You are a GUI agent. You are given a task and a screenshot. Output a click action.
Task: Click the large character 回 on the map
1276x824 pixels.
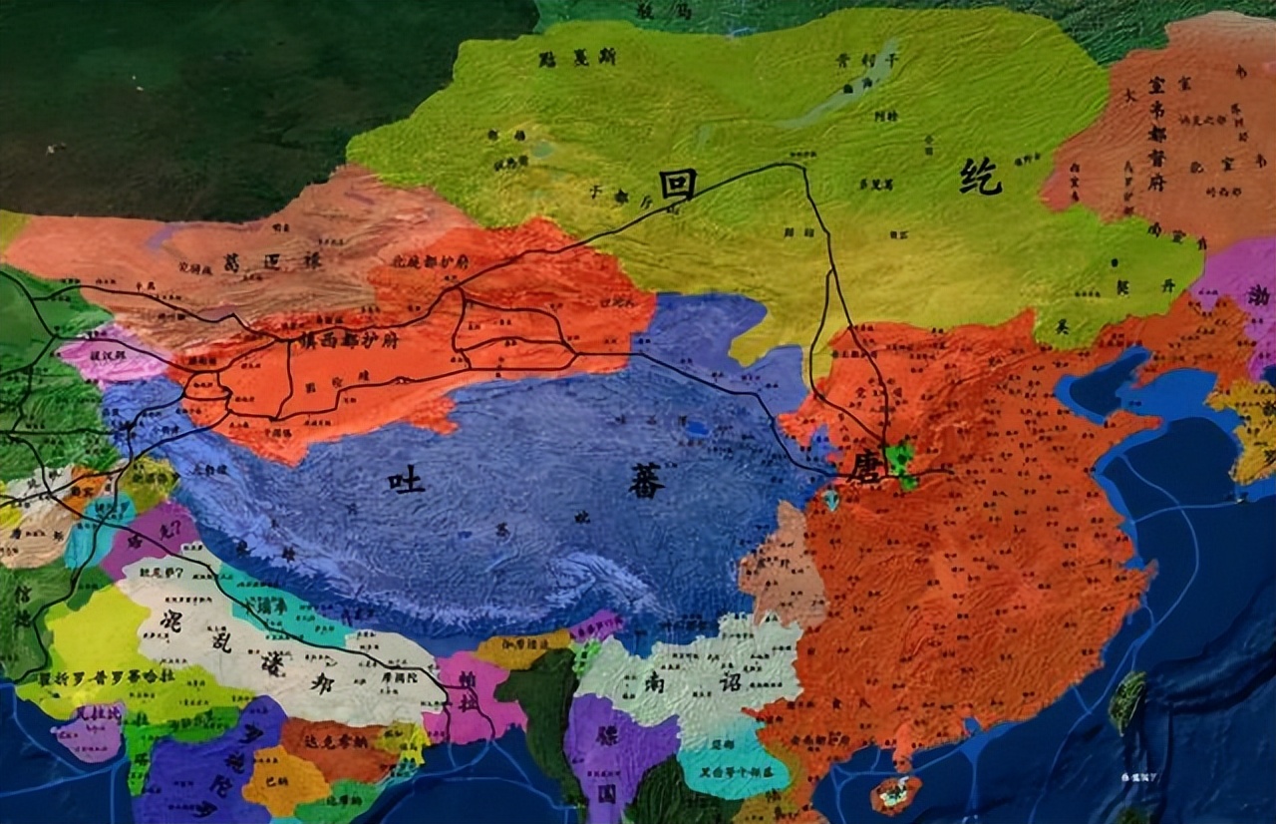pyautogui.click(x=677, y=185)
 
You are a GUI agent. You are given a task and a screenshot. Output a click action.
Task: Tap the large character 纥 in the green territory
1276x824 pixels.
pyautogui.click(x=981, y=178)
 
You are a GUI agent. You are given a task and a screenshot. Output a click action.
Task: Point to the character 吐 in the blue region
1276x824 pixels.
pyautogui.click(x=406, y=483)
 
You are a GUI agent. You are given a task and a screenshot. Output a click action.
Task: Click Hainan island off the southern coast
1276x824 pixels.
pyautogui.click(x=894, y=794)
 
